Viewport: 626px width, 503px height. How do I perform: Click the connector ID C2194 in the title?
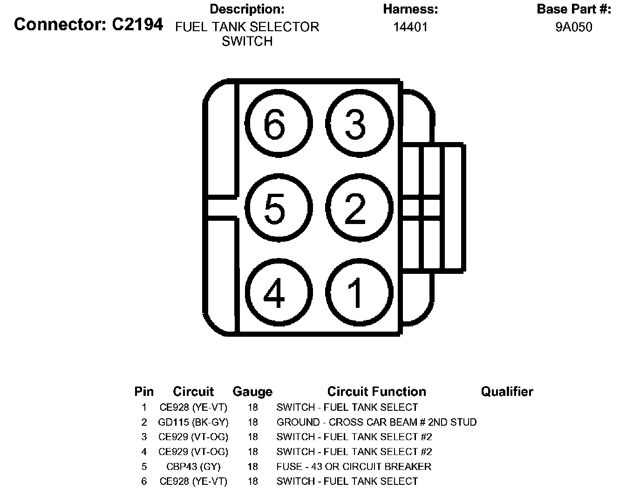pos(137,24)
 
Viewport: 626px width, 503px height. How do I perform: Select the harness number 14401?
pos(410,27)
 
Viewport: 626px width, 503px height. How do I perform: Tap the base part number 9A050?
pos(574,27)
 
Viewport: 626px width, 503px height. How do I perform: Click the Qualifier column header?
pos(507,392)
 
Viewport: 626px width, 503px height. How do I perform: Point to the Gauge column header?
pos(252,392)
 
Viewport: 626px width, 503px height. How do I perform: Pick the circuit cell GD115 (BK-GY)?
pos(193,422)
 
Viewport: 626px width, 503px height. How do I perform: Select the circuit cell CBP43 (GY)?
pos(193,467)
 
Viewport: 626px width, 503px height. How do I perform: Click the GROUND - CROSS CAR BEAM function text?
pos(376,422)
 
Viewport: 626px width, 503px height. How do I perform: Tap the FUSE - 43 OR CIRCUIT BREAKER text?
pos(354,467)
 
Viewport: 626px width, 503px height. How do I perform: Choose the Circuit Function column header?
pos(377,392)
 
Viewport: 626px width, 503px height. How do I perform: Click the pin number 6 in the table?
pos(144,482)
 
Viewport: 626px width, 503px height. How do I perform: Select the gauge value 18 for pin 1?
pos(253,407)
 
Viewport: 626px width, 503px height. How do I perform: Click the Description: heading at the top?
pos(247,9)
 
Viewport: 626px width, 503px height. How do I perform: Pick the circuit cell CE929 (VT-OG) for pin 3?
pos(193,437)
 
